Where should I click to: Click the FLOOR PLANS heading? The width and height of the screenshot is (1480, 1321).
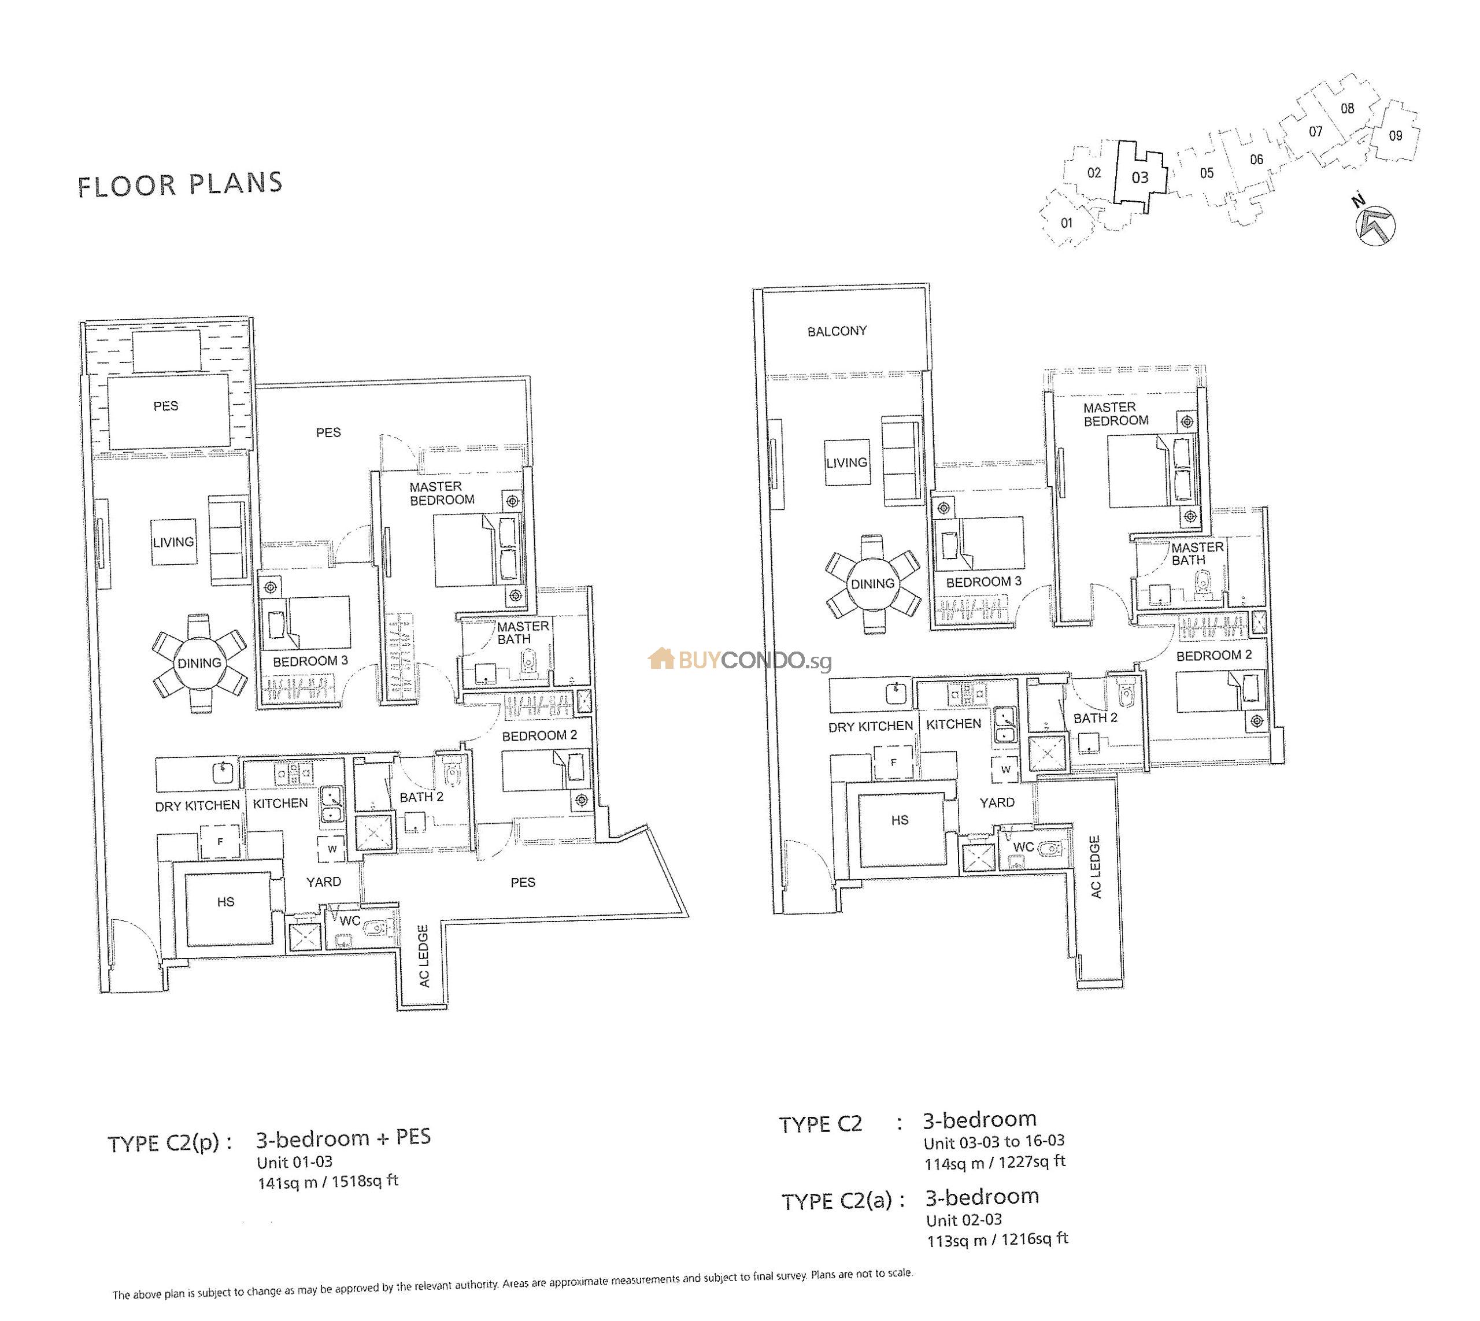coord(180,184)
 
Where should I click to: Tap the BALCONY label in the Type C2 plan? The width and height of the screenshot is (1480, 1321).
coord(837,332)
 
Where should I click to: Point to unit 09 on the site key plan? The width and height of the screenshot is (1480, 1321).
coord(1395,136)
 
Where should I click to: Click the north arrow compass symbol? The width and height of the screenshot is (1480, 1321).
coord(1375,224)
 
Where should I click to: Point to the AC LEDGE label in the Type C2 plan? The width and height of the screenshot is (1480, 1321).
coord(1096,867)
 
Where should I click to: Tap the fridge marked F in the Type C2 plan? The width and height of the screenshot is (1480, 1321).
coord(894,762)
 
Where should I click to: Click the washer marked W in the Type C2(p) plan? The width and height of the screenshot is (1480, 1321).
coord(332,849)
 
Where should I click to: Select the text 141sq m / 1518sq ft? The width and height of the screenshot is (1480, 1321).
coord(328,1182)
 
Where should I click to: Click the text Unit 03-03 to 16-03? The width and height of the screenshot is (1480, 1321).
coord(994,1142)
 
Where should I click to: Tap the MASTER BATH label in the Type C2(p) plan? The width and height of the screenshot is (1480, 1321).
coord(523,633)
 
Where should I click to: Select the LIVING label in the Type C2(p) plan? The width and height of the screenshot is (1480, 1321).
coord(173,542)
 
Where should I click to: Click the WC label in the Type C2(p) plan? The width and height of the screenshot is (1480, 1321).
coord(350,921)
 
